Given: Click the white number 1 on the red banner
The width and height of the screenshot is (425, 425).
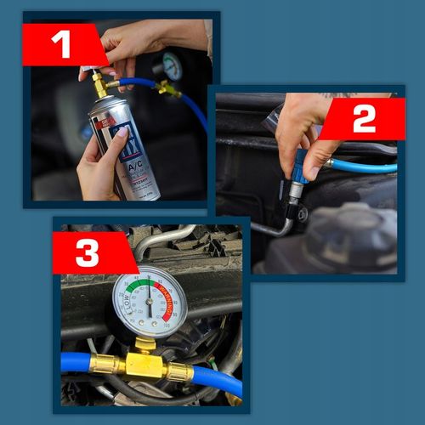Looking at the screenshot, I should coord(60,45).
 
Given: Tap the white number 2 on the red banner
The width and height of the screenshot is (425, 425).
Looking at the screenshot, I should coord(363,119).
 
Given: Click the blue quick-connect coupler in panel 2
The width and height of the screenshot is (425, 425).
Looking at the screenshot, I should coord(298,170).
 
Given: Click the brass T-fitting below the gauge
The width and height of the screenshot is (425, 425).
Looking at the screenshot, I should coord(145,363).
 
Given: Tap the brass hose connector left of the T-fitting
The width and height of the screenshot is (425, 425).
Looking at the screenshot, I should coord(105,364).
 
